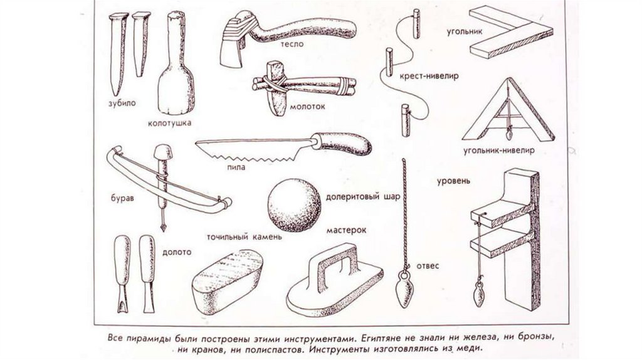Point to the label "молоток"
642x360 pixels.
308,106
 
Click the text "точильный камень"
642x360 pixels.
244,238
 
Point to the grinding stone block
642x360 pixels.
227,282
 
